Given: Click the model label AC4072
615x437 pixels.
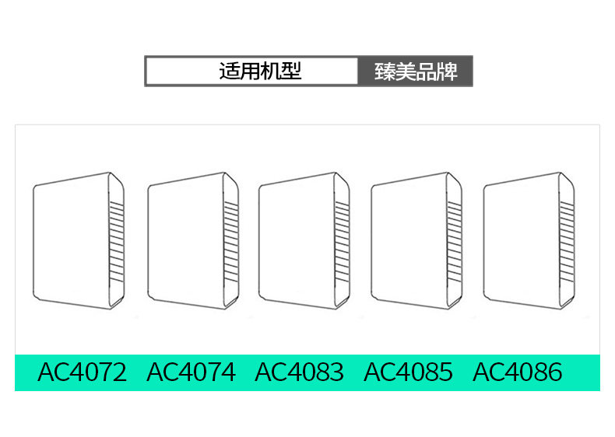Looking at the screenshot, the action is [x=82, y=372].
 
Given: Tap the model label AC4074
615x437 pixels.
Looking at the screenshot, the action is [x=191, y=372].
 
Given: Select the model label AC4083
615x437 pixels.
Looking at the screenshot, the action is [x=299, y=372].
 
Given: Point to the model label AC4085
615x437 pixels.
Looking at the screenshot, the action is [x=408, y=372].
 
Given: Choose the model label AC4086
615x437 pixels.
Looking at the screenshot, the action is [x=517, y=372].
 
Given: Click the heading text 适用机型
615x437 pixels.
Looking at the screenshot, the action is [x=260, y=72].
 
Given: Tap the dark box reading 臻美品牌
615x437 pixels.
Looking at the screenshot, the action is [x=415, y=72].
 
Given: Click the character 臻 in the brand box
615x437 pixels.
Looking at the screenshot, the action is [x=385, y=72].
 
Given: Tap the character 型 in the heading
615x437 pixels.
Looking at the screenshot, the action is [x=291, y=72].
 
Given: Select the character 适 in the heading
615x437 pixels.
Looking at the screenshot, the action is [x=229, y=72].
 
